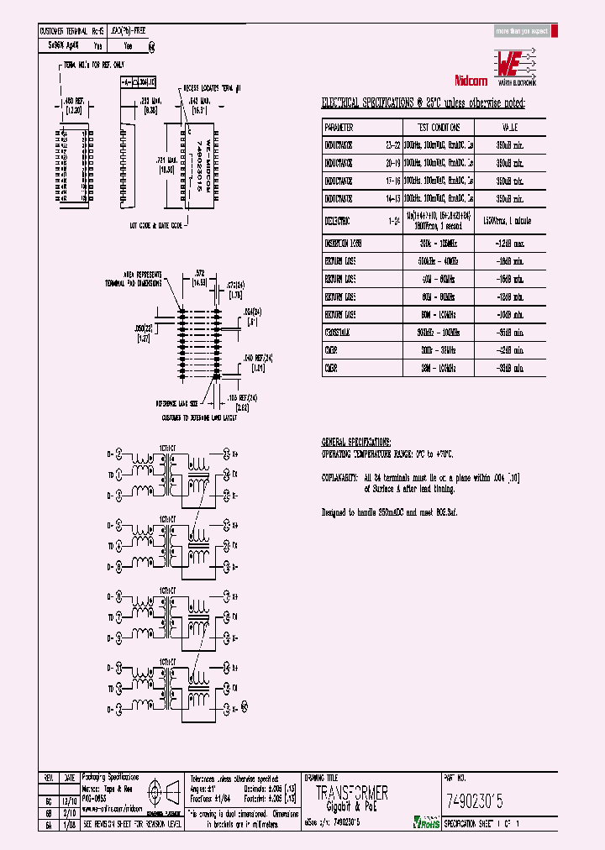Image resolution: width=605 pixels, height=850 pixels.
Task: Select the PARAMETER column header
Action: [x=339, y=128]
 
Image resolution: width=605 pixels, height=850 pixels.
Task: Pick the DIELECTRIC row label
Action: [x=339, y=221]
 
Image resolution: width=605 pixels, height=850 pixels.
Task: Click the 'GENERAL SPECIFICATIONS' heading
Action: [x=356, y=442]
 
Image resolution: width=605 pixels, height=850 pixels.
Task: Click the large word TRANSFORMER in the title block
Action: [x=351, y=794]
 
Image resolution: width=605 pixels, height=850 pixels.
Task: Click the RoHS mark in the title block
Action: [x=425, y=822]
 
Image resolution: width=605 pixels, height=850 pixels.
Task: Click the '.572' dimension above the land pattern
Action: [x=198, y=273]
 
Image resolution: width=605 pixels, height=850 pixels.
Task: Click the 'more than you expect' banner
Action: [x=522, y=31]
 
